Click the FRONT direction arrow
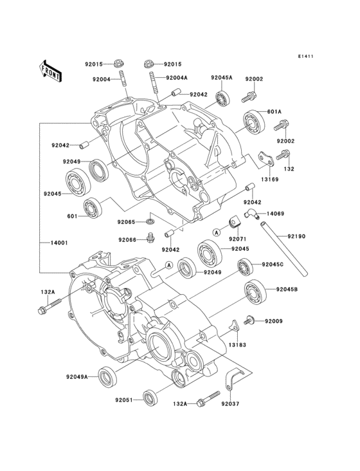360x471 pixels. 50,71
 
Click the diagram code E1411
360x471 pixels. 305,56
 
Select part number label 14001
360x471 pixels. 59,243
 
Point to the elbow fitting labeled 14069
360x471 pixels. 251,214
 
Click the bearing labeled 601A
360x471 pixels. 255,122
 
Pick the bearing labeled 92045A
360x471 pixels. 222,98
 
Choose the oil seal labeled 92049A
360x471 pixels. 107,376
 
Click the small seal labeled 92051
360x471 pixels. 149,398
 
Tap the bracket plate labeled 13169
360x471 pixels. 266,158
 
